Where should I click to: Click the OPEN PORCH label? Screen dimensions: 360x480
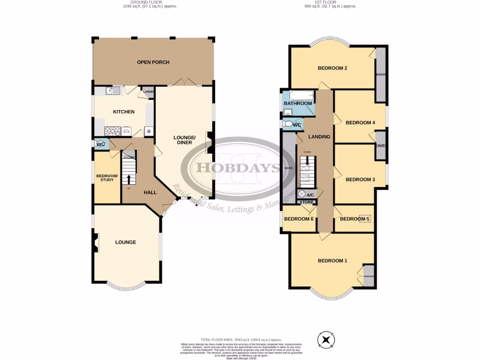pos(153,62)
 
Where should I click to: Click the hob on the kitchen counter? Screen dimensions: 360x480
pos(112,130)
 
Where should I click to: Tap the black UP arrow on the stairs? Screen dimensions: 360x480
pos(129,178)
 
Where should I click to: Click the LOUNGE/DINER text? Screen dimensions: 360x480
pos(184,140)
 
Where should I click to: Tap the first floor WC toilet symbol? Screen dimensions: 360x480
pos(287,124)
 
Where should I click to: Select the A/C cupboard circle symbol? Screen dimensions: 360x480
pos(302,194)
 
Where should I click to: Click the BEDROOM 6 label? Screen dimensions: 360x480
pos(299,219)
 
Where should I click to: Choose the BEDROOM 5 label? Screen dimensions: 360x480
pos(355,219)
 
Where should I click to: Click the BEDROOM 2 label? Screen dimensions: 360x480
pos(332,68)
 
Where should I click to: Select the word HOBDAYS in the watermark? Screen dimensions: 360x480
pos(229,167)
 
